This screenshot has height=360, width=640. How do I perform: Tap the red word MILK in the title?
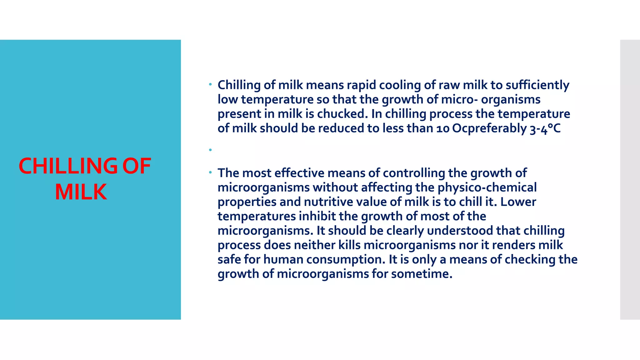[81, 192]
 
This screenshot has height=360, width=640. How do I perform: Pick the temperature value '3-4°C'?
[545, 128]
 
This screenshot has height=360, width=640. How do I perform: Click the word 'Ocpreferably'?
[489, 128]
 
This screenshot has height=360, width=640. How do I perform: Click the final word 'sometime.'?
[422, 274]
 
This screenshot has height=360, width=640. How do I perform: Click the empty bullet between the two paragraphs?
[211, 150]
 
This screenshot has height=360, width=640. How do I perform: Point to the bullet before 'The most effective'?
[211, 172]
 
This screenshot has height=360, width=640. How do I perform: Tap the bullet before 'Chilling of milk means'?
[211, 84]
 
